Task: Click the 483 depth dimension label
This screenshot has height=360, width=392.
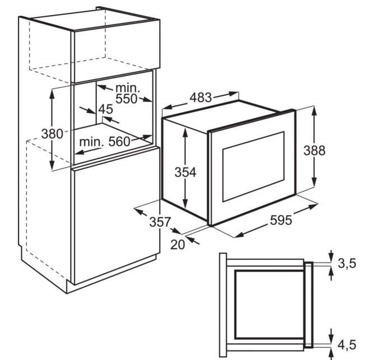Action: point(200,98)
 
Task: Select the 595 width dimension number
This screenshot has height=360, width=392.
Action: point(281,220)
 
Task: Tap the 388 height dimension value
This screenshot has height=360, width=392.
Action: point(314,151)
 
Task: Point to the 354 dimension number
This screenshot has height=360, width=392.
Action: point(185,172)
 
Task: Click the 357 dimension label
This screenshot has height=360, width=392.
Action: point(160,222)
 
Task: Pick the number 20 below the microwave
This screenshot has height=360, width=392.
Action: point(178,245)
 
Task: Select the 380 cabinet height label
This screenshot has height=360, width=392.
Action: point(52,134)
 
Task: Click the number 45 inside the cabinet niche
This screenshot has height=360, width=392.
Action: point(105,109)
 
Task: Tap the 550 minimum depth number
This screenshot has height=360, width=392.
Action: point(127,99)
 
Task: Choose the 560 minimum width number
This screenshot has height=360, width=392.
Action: point(119,142)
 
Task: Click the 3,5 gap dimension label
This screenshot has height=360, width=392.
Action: point(347,264)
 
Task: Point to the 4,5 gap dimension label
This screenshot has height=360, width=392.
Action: point(347,345)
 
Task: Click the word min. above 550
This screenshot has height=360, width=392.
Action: point(128,88)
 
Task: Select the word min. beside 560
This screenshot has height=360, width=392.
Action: point(91,142)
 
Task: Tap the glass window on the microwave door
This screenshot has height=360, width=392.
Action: point(253,167)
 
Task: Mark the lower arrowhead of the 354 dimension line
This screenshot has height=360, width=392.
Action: point(185,203)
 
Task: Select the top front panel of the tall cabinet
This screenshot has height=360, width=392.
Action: point(116,52)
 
